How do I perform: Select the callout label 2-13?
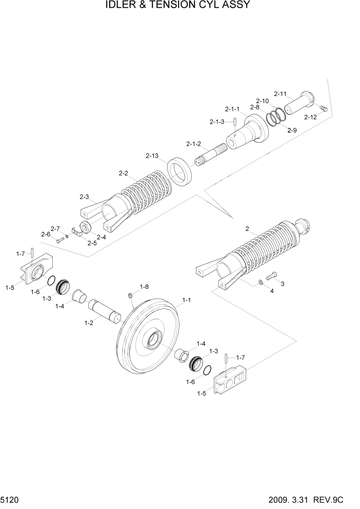click(x=152, y=155)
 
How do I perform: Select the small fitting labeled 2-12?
click(x=322, y=108)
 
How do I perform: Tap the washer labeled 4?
click(x=262, y=282)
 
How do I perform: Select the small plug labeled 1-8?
click(x=130, y=295)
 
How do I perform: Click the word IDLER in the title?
click(x=124, y=6)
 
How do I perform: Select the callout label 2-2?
click(x=123, y=173)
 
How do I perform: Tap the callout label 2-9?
click(x=292, y=130)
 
